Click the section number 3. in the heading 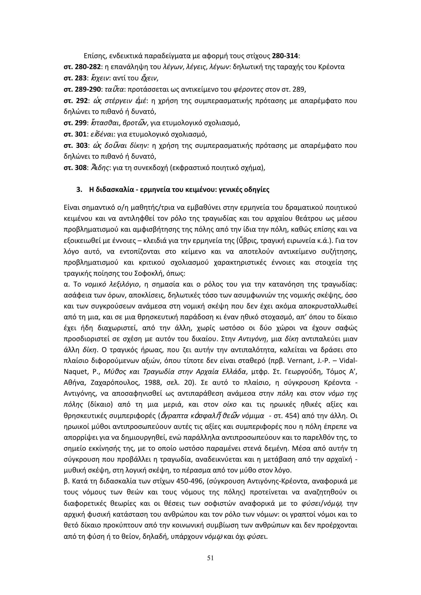click(x=79, y=190)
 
